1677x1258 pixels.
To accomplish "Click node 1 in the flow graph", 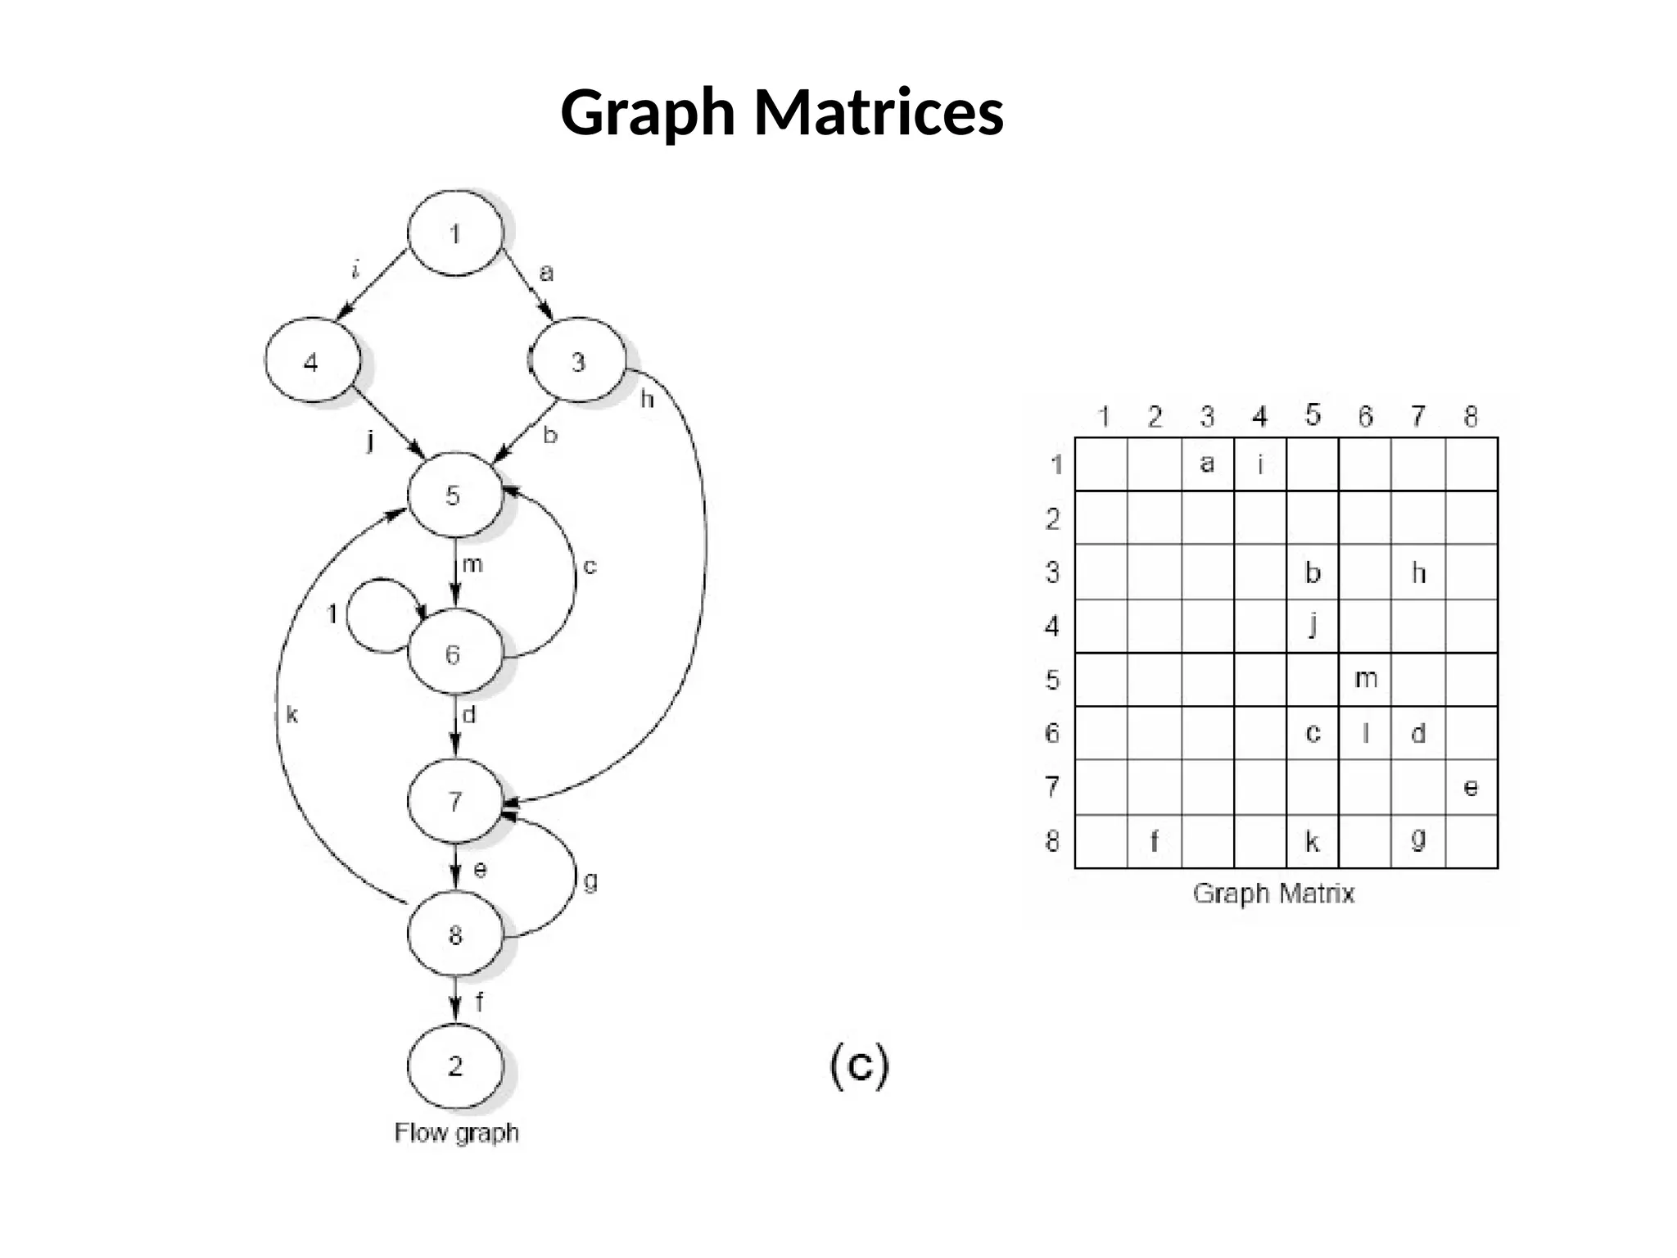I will point(455,233).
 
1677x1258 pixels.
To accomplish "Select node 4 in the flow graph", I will point(312,361).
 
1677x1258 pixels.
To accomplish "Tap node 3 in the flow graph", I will point(578,361).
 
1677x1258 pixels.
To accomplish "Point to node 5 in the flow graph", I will point(454,496).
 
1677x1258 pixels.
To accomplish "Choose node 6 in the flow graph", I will point(454,654).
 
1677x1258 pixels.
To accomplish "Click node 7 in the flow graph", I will point(455,801).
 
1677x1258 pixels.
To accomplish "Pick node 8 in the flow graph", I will point(455,934).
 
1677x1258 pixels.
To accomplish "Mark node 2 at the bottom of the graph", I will point(455,1066).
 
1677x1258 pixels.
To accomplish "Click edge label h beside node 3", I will point(647,400).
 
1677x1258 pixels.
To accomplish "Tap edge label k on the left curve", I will point(292,715).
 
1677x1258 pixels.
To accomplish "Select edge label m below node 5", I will point(472,564).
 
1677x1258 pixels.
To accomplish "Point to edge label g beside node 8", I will point(590,881).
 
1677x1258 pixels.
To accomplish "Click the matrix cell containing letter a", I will point(1207,464).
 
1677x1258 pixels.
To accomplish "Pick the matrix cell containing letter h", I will point(1418,572).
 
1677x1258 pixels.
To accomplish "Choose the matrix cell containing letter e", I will point(1471,787).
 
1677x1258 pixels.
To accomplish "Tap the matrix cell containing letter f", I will point(1154,841).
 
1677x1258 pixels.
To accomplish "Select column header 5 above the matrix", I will point(1313,415).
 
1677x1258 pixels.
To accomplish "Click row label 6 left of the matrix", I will point(1052,733).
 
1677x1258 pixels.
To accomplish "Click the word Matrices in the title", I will point(878,112).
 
